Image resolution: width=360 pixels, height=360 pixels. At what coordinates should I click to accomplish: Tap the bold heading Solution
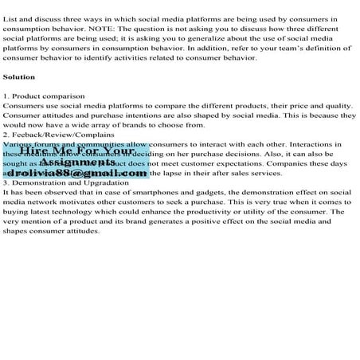click(19, 77)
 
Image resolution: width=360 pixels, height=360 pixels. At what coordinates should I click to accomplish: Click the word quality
click(337, 106)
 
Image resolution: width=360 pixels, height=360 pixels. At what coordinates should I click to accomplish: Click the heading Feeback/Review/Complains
click(50, 135)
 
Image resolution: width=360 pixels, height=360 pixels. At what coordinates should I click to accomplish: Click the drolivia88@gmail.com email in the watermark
click(80, 173)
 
